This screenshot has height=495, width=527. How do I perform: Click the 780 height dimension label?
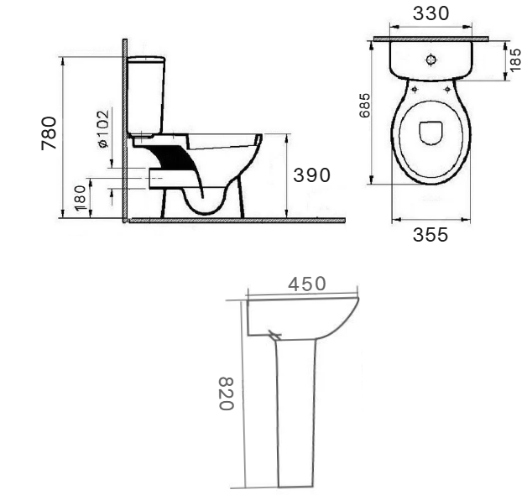coord(49,133)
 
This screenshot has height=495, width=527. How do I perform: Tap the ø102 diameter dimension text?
coord(103,128)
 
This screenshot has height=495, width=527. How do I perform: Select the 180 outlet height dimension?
coord(81,198)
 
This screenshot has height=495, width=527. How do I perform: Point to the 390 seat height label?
coord(311,175)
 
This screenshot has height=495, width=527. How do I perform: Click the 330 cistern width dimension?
coord(430,13)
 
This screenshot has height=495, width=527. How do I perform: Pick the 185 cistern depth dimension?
coord(515,60)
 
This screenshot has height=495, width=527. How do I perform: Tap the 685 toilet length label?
coord(365,105)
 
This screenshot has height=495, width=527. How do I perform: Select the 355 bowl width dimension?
coord(430,235)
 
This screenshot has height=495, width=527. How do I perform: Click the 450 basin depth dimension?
coord(307,284)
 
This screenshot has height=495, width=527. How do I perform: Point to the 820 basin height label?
coord(226,393)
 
